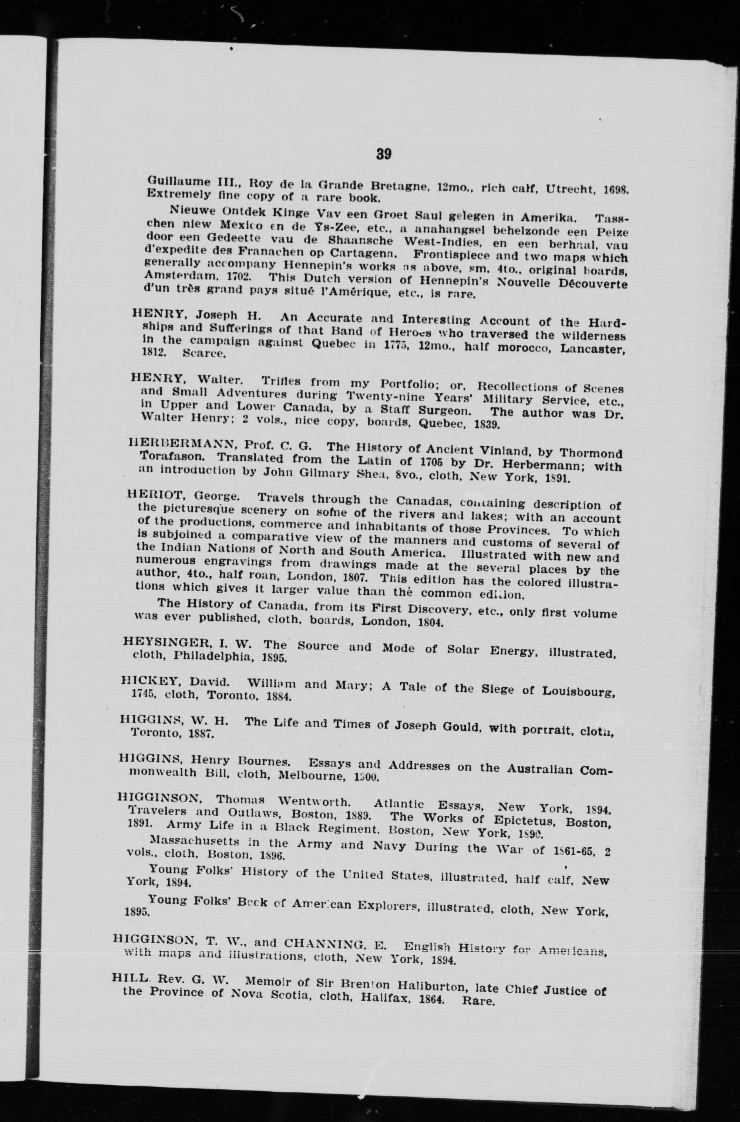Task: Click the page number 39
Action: [384, 154]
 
